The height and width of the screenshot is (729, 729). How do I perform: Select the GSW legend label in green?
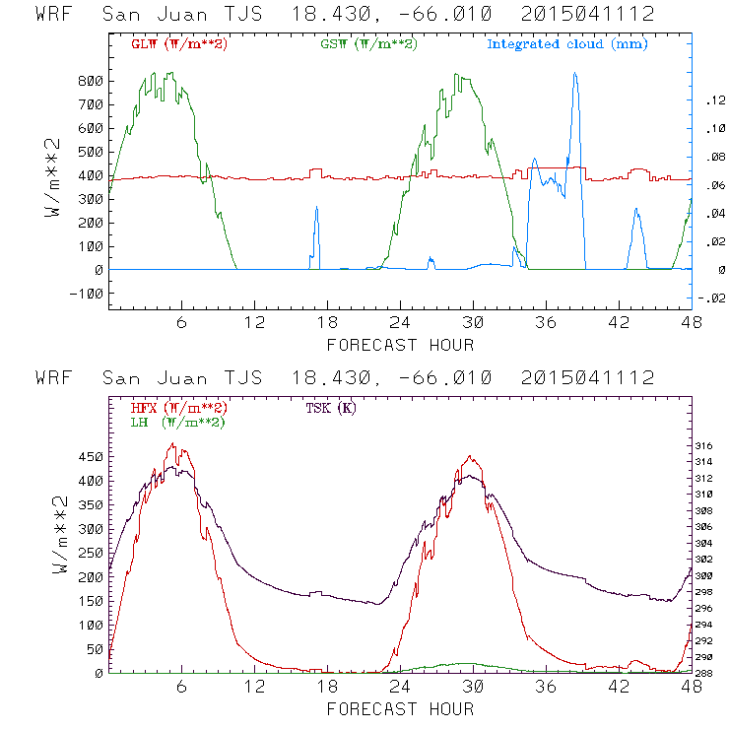(368, 43)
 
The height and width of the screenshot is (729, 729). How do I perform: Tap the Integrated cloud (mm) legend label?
(567, 43)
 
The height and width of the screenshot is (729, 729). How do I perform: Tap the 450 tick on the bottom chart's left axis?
(92, 457)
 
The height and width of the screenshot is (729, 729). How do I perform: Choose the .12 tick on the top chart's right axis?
(713, 100)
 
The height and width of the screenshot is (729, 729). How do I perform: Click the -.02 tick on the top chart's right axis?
(711, 300)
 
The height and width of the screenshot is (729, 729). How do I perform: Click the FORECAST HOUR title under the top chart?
(400, 345)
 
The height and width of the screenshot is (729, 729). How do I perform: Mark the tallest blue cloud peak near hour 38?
(574, 73)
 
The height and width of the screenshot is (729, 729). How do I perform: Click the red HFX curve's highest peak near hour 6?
(172, 444)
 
